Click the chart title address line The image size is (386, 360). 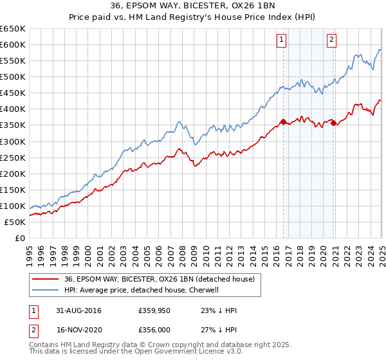pyautogui.click(x=193, y=7)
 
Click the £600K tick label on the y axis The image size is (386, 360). pyautogui.click(x=13, y=44)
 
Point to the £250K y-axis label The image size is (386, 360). pyautogui.click(x=13, y=157)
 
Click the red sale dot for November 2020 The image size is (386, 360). pyautogui.click(x=333, y=123)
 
